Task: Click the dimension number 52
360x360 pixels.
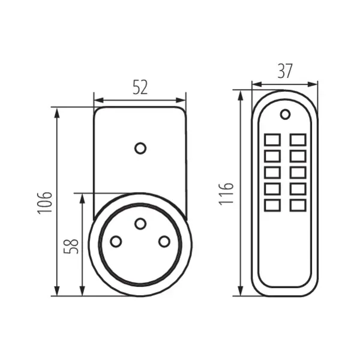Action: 140,88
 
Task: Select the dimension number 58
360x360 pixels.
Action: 71,245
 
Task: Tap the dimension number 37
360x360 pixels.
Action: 285,71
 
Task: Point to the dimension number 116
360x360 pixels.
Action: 226,194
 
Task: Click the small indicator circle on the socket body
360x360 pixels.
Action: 140,148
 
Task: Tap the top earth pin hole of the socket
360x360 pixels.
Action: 140,224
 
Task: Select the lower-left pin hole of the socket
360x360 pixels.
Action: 115,242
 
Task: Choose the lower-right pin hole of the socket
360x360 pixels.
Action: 164,242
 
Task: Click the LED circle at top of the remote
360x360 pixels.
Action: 285,113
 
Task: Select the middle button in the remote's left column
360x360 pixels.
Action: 272,173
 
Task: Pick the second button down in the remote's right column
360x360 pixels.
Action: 298,157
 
